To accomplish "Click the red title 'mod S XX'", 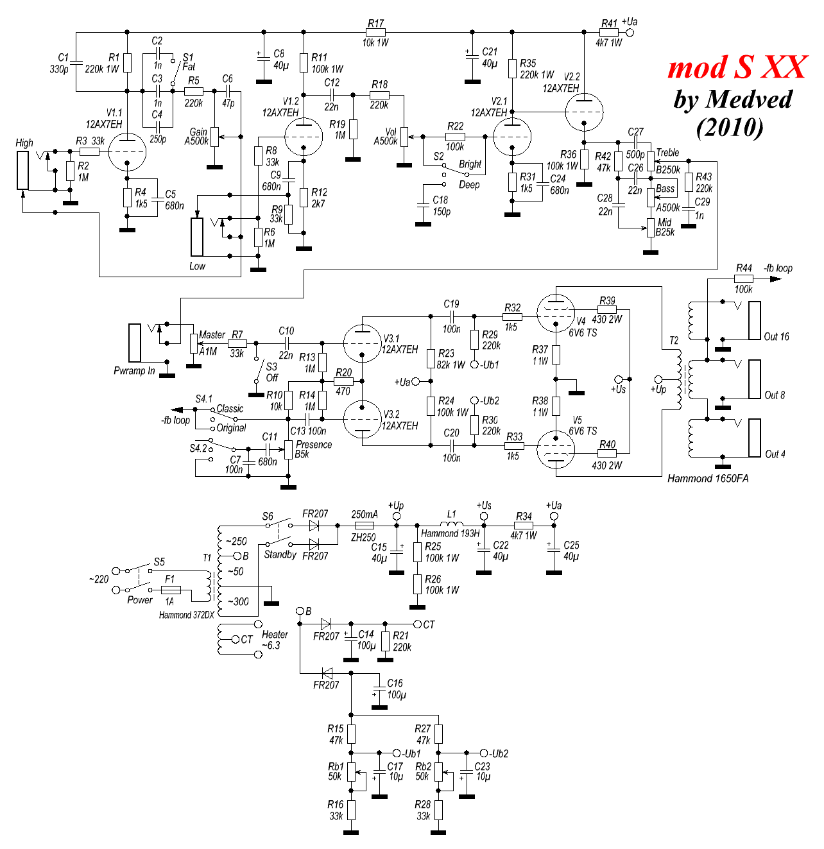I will point(737,67).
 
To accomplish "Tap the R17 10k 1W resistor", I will point(375,32).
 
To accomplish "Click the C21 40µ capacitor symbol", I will point(472,56).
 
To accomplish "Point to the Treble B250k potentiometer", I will point(650,161).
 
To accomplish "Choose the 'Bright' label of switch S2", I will point(470,164).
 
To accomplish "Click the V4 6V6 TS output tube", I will point(555,313).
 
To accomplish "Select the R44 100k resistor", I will point(744,279).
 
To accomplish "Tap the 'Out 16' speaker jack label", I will point(777,336).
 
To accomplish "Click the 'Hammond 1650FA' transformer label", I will point(708,478).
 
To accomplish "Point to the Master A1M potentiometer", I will point(193,343).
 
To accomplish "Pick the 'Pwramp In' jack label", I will point(134,371).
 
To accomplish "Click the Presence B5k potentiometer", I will point(289,449).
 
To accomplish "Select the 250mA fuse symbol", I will point(364,525).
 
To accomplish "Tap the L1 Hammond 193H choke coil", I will point(451,524).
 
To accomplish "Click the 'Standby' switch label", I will point(280,554).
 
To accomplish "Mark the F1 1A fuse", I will point(170,590).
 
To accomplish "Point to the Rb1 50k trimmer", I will point(351,771).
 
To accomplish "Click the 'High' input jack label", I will point(24,143).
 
